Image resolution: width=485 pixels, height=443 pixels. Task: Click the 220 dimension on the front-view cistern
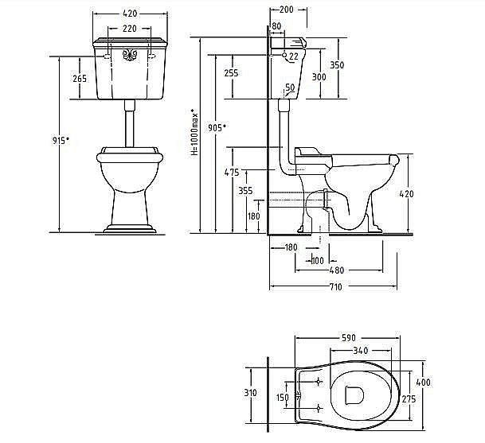[x=129, y=29]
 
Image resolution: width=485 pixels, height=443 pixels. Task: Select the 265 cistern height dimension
[x=80, y=79]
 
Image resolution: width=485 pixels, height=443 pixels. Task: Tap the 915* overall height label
[x=61, y=141]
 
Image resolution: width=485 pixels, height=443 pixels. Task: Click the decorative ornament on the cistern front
[x=130, y=55]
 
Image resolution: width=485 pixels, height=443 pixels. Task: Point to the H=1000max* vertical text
[x=194, y=131]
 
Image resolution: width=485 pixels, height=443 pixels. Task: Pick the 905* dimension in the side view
[x=217, y=127]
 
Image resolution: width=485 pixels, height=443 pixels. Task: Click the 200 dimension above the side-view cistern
[x=286, y=10]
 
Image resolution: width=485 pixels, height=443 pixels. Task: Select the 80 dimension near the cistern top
[x=276, y=26]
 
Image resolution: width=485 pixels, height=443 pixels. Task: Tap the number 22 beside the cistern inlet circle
[x=294, y=56]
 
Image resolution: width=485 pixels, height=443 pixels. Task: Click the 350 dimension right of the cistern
[x=337, y=65]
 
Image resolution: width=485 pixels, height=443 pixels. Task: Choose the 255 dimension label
[x=231, y=73]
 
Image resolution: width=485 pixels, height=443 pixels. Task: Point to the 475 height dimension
[x=232, y=172]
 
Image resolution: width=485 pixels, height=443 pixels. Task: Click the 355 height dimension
[x=245, y=191]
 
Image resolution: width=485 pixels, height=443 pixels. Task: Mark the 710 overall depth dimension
[x=335, y=287]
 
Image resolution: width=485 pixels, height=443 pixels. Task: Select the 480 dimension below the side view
[x=337, y=270]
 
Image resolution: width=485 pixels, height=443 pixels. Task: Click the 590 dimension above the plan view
[x=349, y=338]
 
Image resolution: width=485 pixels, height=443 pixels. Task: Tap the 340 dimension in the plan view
[x=361, y=350]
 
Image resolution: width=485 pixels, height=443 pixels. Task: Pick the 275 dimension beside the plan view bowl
[x=409, y=399]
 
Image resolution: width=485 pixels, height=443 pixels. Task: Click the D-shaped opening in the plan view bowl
[x=354, y=394]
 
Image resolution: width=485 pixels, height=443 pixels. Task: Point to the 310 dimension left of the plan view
[x=250, y=393]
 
